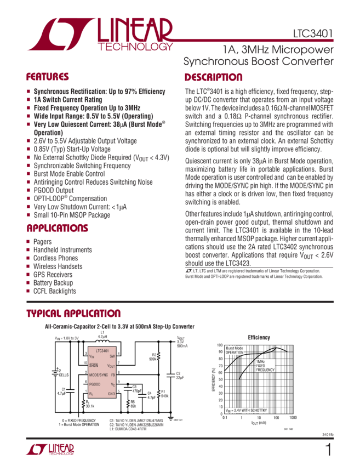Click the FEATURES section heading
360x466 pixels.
click(x=48, y=77)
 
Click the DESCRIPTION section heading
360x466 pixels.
click(x=213, y=77)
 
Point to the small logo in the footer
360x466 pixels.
click(x=50, y=450)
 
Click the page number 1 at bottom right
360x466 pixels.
click(x=328, y=451)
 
